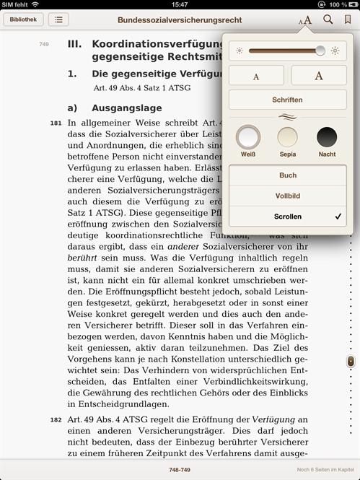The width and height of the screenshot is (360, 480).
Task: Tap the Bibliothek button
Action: click(23, 19)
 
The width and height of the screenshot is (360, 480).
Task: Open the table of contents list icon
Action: click(58, 19)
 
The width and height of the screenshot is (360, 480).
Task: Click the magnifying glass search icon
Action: click(328, 19)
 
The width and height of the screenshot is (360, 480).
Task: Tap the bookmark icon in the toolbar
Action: click(348, 19)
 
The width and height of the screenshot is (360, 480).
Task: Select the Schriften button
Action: click(287, 100)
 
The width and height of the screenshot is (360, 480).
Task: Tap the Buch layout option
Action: click(287, 175)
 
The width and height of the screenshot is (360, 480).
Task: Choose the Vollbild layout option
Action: click(287, 196)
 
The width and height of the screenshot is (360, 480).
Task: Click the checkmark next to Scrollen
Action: click(338, 217)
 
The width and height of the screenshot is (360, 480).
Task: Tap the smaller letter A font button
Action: click(257, 75)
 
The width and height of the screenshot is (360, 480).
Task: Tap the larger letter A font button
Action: click(319, 75)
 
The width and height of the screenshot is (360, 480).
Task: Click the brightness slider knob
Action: click(320, 51)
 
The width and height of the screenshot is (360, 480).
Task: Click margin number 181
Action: click(56, 123)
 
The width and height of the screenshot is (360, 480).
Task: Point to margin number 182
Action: click(56, 419)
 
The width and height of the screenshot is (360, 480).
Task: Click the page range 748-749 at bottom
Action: click(180, 469)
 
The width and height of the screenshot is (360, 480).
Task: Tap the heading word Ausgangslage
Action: click(126, 108)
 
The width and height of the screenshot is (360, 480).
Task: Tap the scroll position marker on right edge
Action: click(351, 361)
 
